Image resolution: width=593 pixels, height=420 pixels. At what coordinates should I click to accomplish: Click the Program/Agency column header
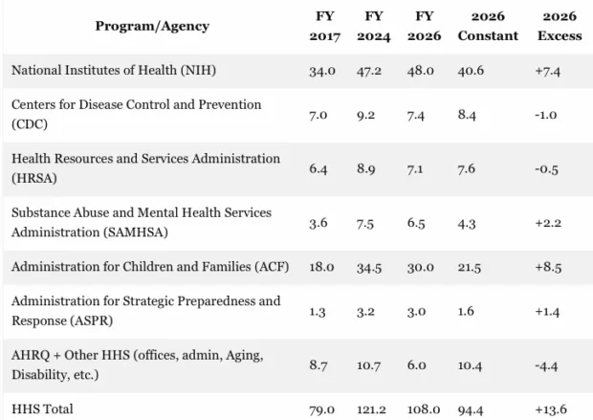pyautogui.click(x=151, y=26)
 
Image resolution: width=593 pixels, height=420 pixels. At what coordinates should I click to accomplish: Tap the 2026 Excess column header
pyautogui.click(x=559, y=26)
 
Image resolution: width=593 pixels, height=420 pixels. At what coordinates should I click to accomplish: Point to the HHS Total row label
pyautogui.click(x=42, y=409)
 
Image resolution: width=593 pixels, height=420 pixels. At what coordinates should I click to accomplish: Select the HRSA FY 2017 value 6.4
pyautogui.click(x=319, y=167)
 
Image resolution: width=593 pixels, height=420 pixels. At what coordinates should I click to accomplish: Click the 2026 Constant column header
pyautogui.click(x=488, y=26)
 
